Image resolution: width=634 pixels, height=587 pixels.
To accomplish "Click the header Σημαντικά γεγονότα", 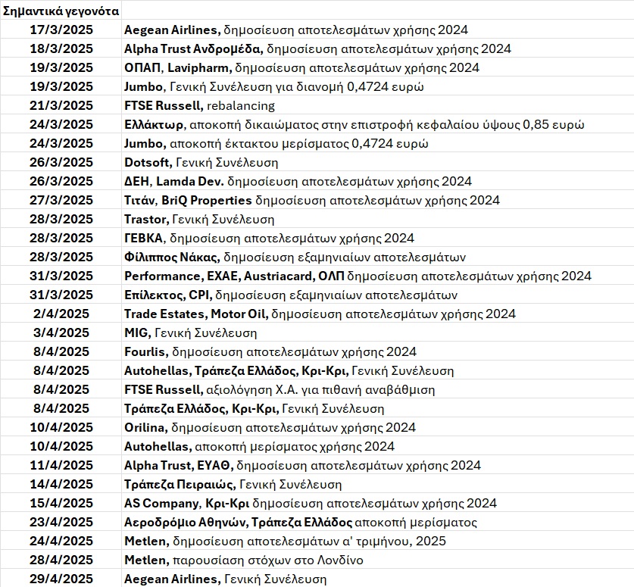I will (61, 11).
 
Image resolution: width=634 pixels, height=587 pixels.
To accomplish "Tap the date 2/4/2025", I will (63, 314).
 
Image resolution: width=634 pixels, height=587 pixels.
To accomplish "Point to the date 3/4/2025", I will (63, 333).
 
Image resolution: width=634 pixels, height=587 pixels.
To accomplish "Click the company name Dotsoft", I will (147, 162).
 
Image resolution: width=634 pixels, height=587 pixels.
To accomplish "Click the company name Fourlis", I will (145, 351).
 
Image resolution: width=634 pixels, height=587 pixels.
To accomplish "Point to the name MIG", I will (136, 333).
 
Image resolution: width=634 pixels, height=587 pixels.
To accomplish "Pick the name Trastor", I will (145, 219).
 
